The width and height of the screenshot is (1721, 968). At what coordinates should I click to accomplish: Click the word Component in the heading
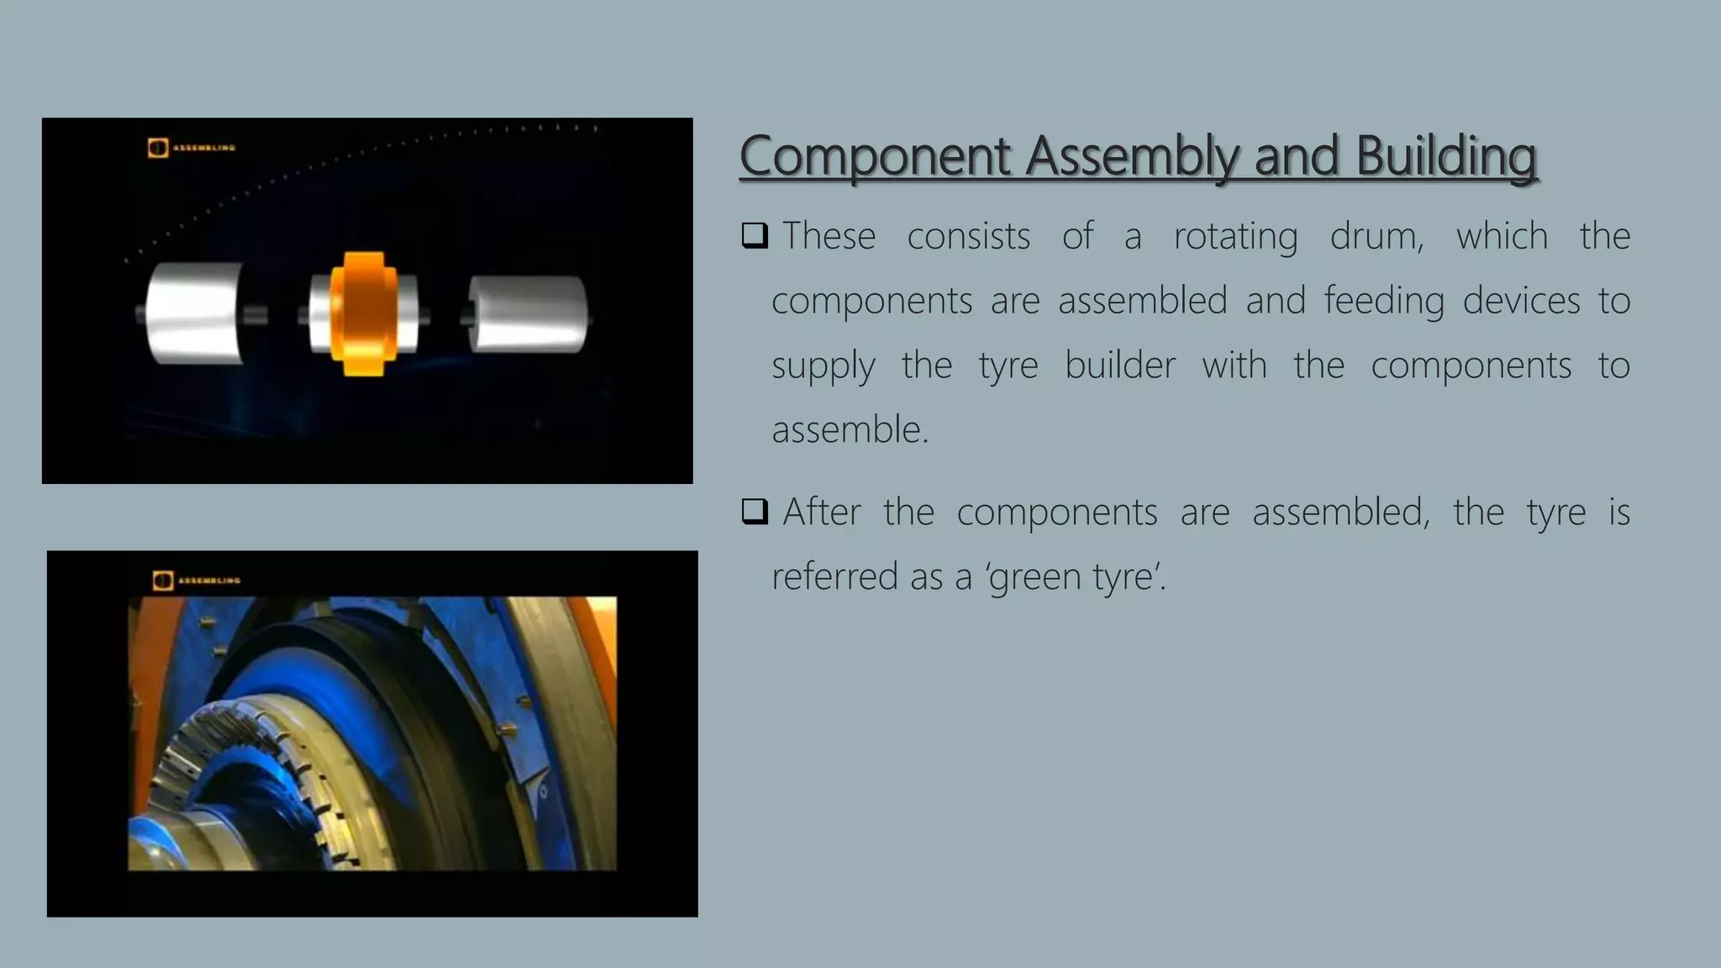click(874, 156)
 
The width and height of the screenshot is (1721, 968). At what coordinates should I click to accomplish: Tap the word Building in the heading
click(1446, 156)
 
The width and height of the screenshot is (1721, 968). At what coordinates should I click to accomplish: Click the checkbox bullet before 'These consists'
click(755, 235)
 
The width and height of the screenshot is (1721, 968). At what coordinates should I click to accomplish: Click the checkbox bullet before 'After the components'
click(755, 511)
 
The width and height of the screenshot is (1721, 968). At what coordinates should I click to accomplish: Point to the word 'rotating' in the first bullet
click(1235, 236)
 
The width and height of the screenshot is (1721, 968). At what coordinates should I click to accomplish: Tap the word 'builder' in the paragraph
click(1119, 366)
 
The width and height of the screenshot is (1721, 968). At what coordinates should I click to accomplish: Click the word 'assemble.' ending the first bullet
click(850, 429)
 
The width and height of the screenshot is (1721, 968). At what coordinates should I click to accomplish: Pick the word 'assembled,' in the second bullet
click(1340, 512)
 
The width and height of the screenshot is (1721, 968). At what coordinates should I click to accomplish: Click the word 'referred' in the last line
click(832, 576)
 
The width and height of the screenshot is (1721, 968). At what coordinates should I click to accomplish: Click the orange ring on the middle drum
click(363, 313)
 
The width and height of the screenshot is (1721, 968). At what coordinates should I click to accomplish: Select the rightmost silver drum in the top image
click(528, 313)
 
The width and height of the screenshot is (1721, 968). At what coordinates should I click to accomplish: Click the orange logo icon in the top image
click(158, 148)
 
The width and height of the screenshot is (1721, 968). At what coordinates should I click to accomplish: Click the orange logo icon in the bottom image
click(163, 581)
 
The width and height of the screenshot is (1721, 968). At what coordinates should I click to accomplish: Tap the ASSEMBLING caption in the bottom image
click(209, 581)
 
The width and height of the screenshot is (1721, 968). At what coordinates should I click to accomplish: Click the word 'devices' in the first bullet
click(1521, 301)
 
